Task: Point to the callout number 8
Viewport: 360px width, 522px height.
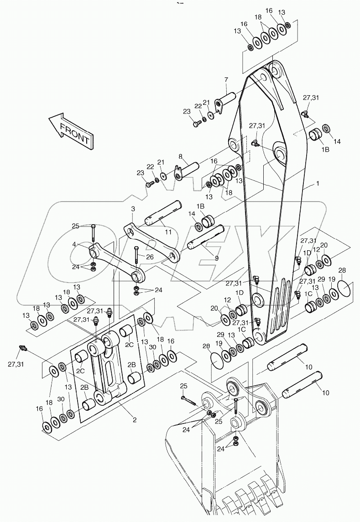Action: point(180,156)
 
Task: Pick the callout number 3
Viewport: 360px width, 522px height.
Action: point(133,208)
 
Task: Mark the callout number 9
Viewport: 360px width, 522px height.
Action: point(216,258)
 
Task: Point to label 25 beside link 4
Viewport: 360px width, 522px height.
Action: point(76,226)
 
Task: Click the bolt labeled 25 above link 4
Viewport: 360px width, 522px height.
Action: point(93,235)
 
